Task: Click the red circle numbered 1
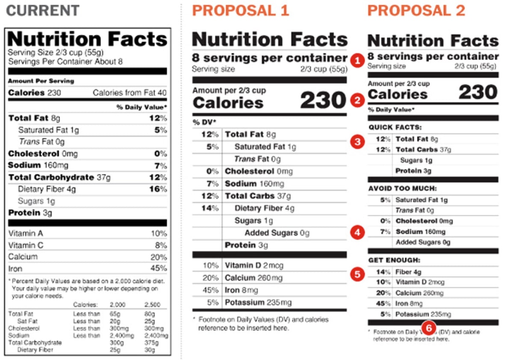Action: tap(357, 61)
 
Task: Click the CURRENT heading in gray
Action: tap(43, 10)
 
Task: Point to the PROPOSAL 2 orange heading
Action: tap(416, 10)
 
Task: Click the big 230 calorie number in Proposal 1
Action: tap(322, 100)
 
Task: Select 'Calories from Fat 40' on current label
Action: tap(130, 93)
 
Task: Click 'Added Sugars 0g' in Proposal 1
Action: tap(277, 233)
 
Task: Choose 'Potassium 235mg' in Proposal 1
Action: tap(258, 302)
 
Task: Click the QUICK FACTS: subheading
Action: tap(395, 127)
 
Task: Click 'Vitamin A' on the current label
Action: tap(26, 233)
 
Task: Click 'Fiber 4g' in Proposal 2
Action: tap(409, 272)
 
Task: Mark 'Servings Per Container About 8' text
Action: tap(65, 62)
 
